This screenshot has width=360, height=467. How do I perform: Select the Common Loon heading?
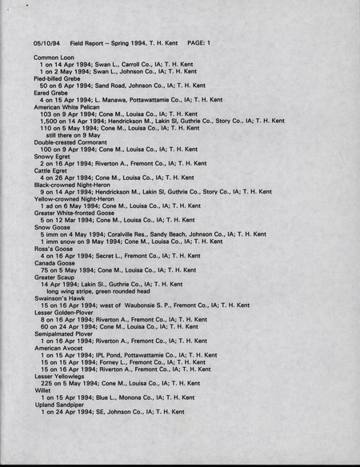tap(53, 58)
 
